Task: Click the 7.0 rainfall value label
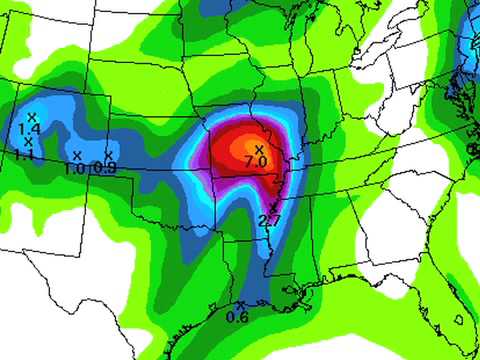(254, 161)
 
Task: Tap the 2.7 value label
(268, 220)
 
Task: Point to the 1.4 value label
(29, 129)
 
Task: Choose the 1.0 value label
(74, 168)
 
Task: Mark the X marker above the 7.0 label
(258, 149)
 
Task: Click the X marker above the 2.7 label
(272, 206)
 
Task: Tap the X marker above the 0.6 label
(241, 305)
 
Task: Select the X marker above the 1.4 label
(33, 118)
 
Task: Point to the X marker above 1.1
(28, 142)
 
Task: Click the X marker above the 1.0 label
(77, 155)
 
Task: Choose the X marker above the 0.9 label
(108, 155)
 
